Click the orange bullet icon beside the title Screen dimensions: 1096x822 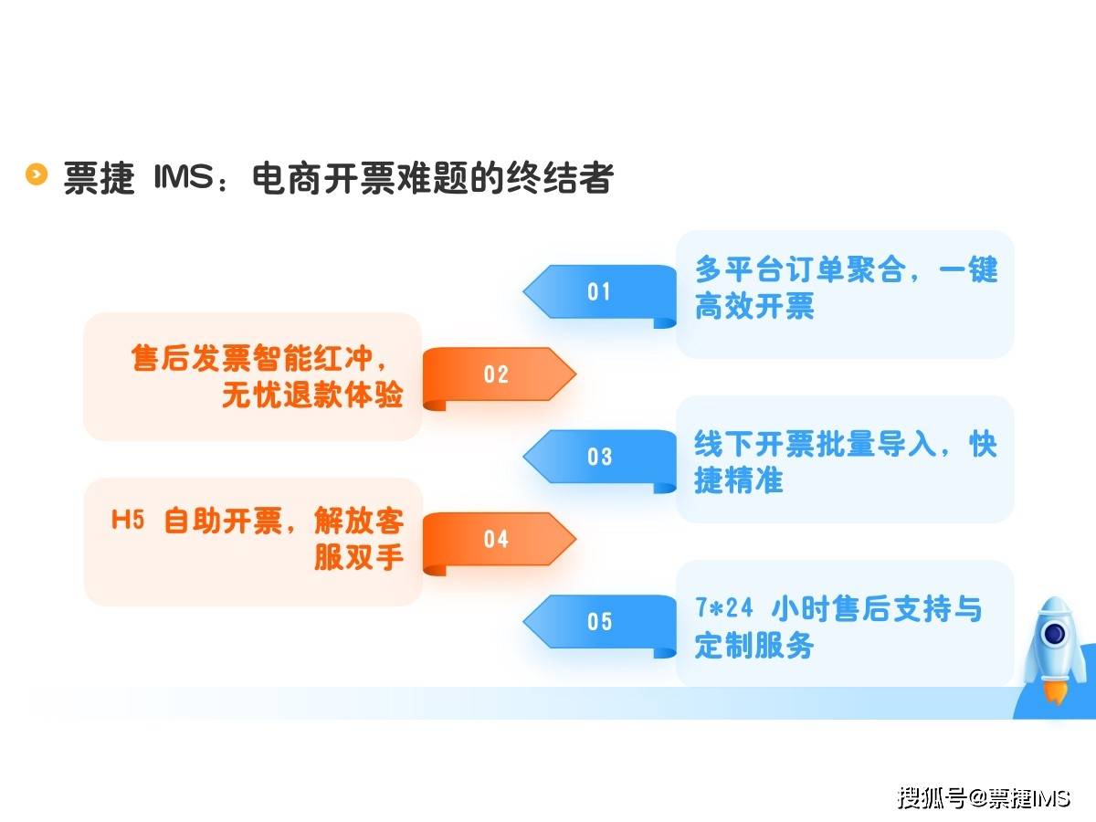tap(37, 174)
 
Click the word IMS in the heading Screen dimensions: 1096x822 tap(184, 176)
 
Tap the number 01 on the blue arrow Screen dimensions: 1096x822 tap(598, 292)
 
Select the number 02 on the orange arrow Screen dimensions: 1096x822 tap(496, 374)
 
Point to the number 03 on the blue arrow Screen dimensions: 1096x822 tap(599, 457)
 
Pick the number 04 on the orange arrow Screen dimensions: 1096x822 tap(496, 539)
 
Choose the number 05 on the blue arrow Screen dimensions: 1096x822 tap(599, 621)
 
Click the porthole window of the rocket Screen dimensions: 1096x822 tap(1054, 634)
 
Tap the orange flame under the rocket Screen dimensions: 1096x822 tap(1056, 691)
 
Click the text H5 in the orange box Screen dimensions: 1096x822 tap(128, 520)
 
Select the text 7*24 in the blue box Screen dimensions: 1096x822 tap(723, 608)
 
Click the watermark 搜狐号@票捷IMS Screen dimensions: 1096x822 tap(984, 798)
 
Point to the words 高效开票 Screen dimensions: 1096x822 tap(754, 306)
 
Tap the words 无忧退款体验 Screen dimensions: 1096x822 tap(312, 395)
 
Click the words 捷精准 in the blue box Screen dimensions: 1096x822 tap(739, 480)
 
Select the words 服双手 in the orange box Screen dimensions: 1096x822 tap(359, 557)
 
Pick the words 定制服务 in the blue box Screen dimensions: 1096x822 tap(754, 646)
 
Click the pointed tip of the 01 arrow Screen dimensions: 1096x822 tap(523, 291)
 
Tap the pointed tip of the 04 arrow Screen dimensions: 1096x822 tap(576, 539)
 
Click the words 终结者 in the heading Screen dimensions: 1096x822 tap(560, 177)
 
